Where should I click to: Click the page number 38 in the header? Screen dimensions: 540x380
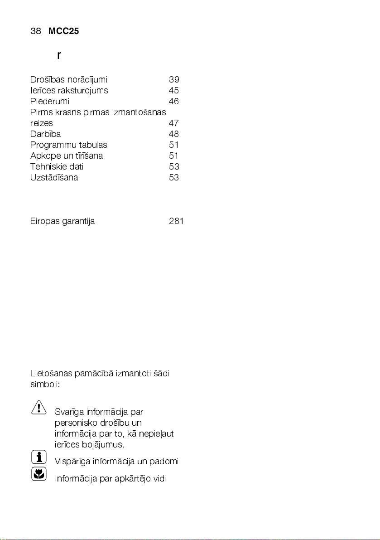[36, 31]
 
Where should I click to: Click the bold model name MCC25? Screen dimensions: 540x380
[63, 31]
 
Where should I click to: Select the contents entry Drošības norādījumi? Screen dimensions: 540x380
[68, 80]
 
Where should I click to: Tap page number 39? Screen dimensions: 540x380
[173, 80]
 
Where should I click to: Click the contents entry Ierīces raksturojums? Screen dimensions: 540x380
[69, 91]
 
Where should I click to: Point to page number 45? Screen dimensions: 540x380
[173, 91]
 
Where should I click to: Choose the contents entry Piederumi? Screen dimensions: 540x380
[49, 102]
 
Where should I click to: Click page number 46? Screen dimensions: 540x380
[173, 102]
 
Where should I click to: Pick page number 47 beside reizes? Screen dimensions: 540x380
[173, 123]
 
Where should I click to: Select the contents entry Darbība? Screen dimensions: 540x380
[45, 134]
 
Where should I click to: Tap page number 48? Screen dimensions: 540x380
[173, 134]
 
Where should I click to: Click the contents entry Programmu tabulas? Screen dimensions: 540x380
[68, 145]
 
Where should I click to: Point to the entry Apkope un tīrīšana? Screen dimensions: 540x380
[66, 156]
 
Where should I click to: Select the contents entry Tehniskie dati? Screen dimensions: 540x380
[57, 167]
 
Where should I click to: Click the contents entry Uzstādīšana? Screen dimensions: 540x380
[54, 178]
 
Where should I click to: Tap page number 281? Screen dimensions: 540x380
[176, 222]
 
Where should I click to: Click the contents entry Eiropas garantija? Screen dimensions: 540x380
[62, 222]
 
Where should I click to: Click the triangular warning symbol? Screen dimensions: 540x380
[39, 407]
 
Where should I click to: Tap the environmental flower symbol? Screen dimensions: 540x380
[39, 474]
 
